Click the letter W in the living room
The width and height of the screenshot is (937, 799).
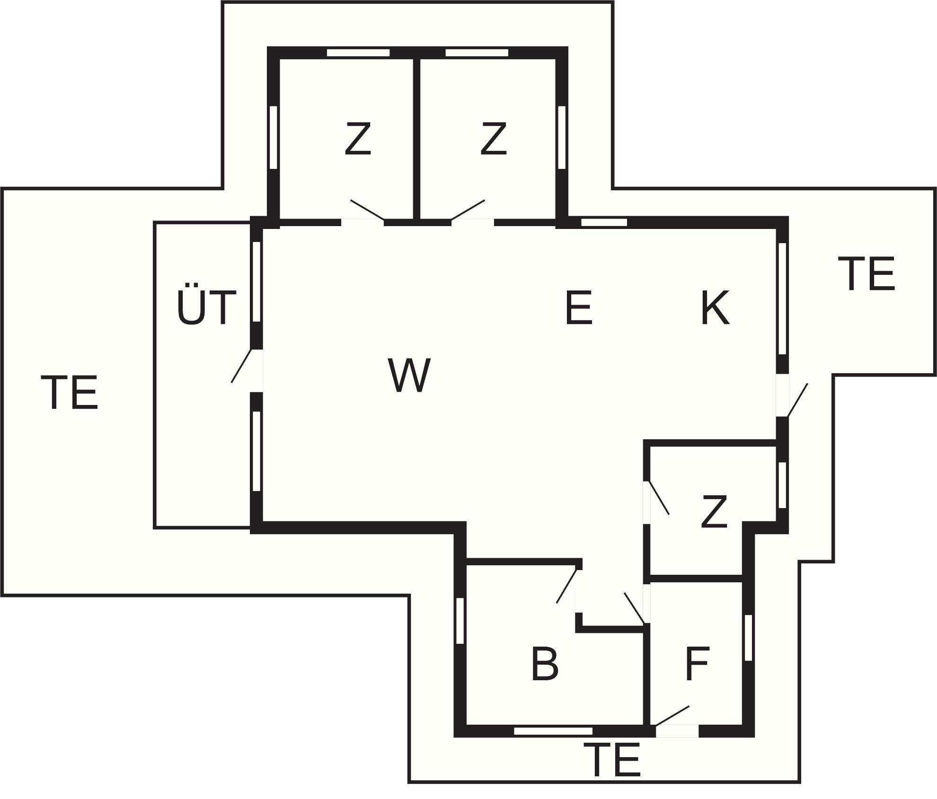(x=409, y=375)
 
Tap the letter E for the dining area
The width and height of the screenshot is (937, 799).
(x=579, y=307)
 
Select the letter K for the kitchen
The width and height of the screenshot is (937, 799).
(x=715, y=307)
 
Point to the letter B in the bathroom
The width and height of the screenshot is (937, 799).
(x=545, y=664)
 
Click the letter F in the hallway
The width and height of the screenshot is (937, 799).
(x=697, y=664)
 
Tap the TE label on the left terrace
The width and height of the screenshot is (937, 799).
(x=72, y=392)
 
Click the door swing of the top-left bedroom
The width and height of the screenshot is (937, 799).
(x=367, y=210)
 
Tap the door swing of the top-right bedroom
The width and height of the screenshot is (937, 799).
(x=468, y=210)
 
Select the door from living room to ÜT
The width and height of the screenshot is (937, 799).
(x=241, y=366)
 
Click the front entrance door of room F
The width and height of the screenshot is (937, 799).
(x=672, y=716)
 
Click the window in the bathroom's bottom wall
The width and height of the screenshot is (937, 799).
(x=553, y=731)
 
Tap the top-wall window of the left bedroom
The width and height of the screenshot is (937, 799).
(x=358, y=53)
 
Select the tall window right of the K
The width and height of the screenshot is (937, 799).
(x=782, y=299)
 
